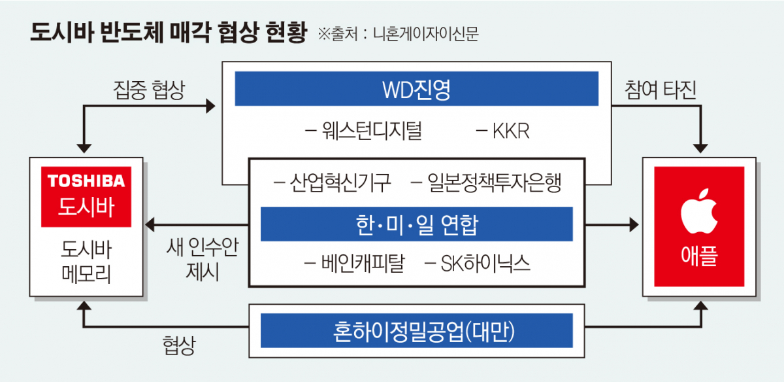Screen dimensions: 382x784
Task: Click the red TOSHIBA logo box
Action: click(86, 196)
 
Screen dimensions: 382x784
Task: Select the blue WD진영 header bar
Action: click(416, 88)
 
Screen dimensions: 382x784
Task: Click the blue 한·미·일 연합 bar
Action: click(416, 224)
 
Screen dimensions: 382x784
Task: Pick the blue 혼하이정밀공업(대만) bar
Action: click(416, 331)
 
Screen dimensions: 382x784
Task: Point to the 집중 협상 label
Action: click(148, 90)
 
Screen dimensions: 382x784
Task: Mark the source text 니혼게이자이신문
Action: click(425, 33)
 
